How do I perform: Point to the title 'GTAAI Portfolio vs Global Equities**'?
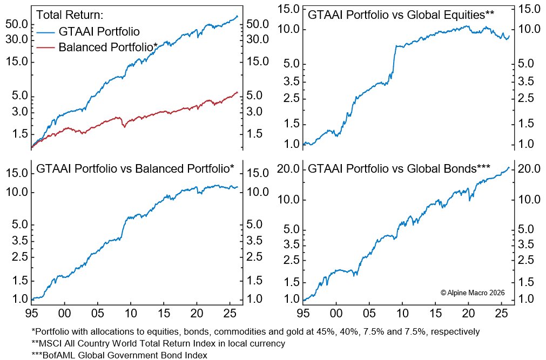click(401, 14)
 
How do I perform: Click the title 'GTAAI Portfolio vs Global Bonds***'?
click(399, 169)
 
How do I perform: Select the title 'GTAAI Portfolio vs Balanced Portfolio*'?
click(135, 169)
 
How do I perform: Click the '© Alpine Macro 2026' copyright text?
click(473, 292)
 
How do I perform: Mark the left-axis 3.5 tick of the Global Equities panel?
click(290, 81)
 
